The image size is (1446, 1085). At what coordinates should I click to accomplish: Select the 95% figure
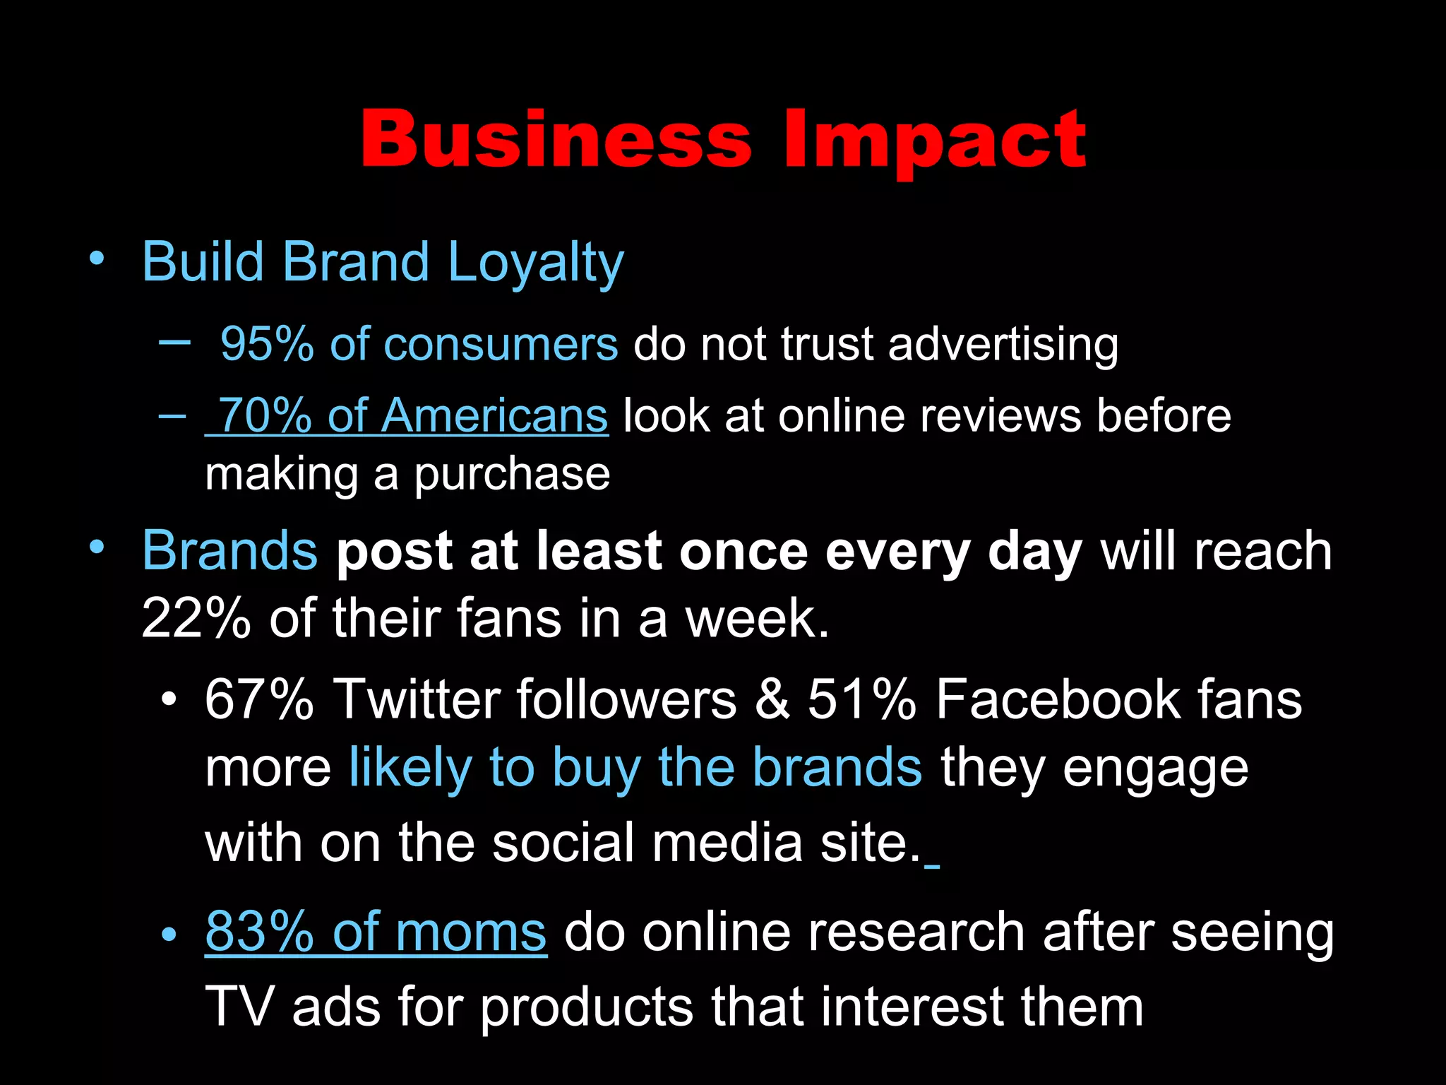click(x=267, y=345)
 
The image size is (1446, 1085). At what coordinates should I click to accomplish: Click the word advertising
click(x=1003, y=345)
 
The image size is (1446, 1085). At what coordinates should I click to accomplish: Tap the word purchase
click(x=512, y=475)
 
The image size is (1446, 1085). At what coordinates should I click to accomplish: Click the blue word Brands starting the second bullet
click(x=229, y=551)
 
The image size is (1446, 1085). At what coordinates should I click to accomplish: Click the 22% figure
click(x=196, y=618)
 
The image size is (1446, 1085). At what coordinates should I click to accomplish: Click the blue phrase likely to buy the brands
click(x=635, y=768)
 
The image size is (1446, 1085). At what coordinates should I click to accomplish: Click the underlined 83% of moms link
click(x=376, y=932)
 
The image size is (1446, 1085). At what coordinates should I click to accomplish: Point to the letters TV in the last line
click(x=238, y=1007)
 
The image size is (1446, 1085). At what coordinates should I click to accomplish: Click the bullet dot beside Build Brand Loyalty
click(x=97, y=259)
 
